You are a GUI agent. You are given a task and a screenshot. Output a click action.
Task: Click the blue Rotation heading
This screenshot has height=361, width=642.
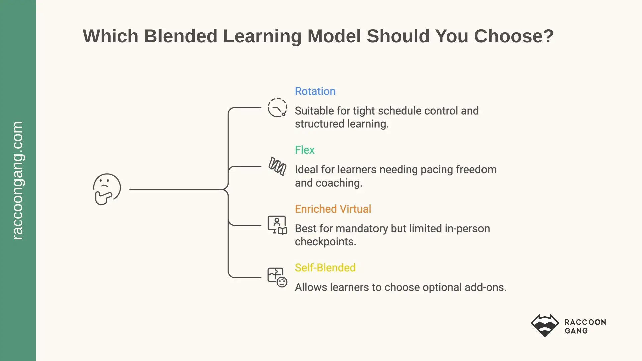[315, 91]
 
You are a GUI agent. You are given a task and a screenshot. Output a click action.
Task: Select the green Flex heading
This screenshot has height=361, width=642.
[305, 150]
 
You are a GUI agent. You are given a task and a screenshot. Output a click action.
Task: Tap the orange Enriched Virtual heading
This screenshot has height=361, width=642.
[333, 209]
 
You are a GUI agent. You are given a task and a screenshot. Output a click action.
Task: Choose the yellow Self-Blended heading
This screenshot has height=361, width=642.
[325, 268]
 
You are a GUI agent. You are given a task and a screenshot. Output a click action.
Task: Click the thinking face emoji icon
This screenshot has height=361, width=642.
[107, 189]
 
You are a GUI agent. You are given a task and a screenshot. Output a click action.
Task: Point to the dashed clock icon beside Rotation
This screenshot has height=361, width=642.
[277, 108]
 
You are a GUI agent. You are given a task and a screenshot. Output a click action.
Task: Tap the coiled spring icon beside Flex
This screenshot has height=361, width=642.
[277, 166]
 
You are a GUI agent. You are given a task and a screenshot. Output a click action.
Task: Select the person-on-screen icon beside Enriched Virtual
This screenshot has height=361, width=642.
[277, 225]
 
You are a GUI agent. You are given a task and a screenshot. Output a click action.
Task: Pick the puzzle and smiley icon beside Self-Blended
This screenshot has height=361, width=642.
[277, 277]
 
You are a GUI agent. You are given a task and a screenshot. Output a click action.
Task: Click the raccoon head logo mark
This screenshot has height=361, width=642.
[545, 325]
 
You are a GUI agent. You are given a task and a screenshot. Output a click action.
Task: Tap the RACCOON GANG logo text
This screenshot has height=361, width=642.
[585, 326]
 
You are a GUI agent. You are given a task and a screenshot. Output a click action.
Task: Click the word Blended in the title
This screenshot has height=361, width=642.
[181, 36]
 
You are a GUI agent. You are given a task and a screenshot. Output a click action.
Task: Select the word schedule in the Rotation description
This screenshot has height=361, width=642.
[400, 111]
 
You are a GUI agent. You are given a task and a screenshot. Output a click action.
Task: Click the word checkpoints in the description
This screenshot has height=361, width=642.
[325, 242]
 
